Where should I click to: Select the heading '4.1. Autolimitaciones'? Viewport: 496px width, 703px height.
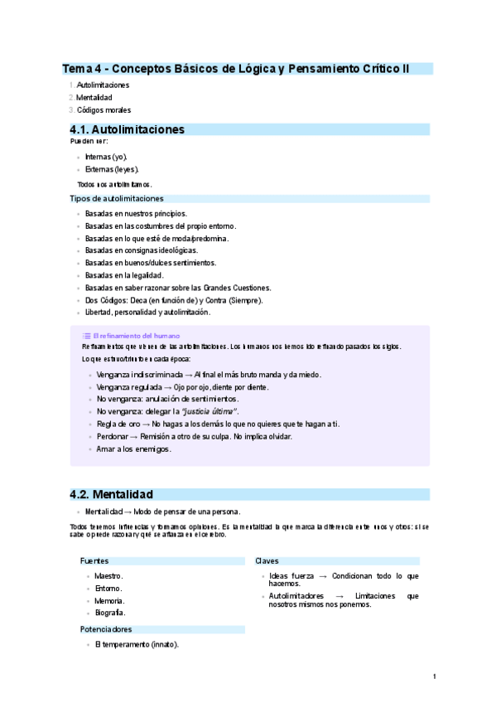pos(127,129)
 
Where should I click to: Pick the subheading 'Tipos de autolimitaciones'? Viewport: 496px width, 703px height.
pos(117,199)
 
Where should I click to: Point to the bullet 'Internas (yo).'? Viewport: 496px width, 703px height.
pos(106,157)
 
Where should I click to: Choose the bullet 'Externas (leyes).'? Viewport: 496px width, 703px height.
pos(111,169)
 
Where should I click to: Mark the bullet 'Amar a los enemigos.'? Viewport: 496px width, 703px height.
pos(133,448)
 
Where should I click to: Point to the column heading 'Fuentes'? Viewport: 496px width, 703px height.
pos(94,561)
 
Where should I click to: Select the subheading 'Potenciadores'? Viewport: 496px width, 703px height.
pos(106,629)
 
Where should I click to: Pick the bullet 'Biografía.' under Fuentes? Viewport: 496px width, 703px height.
pos(109,613)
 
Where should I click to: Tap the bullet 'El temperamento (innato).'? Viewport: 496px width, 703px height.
pos(137,644)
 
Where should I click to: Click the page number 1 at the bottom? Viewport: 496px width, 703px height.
pos(434,677)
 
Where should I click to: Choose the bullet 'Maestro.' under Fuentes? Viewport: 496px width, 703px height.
pos(108,575)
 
